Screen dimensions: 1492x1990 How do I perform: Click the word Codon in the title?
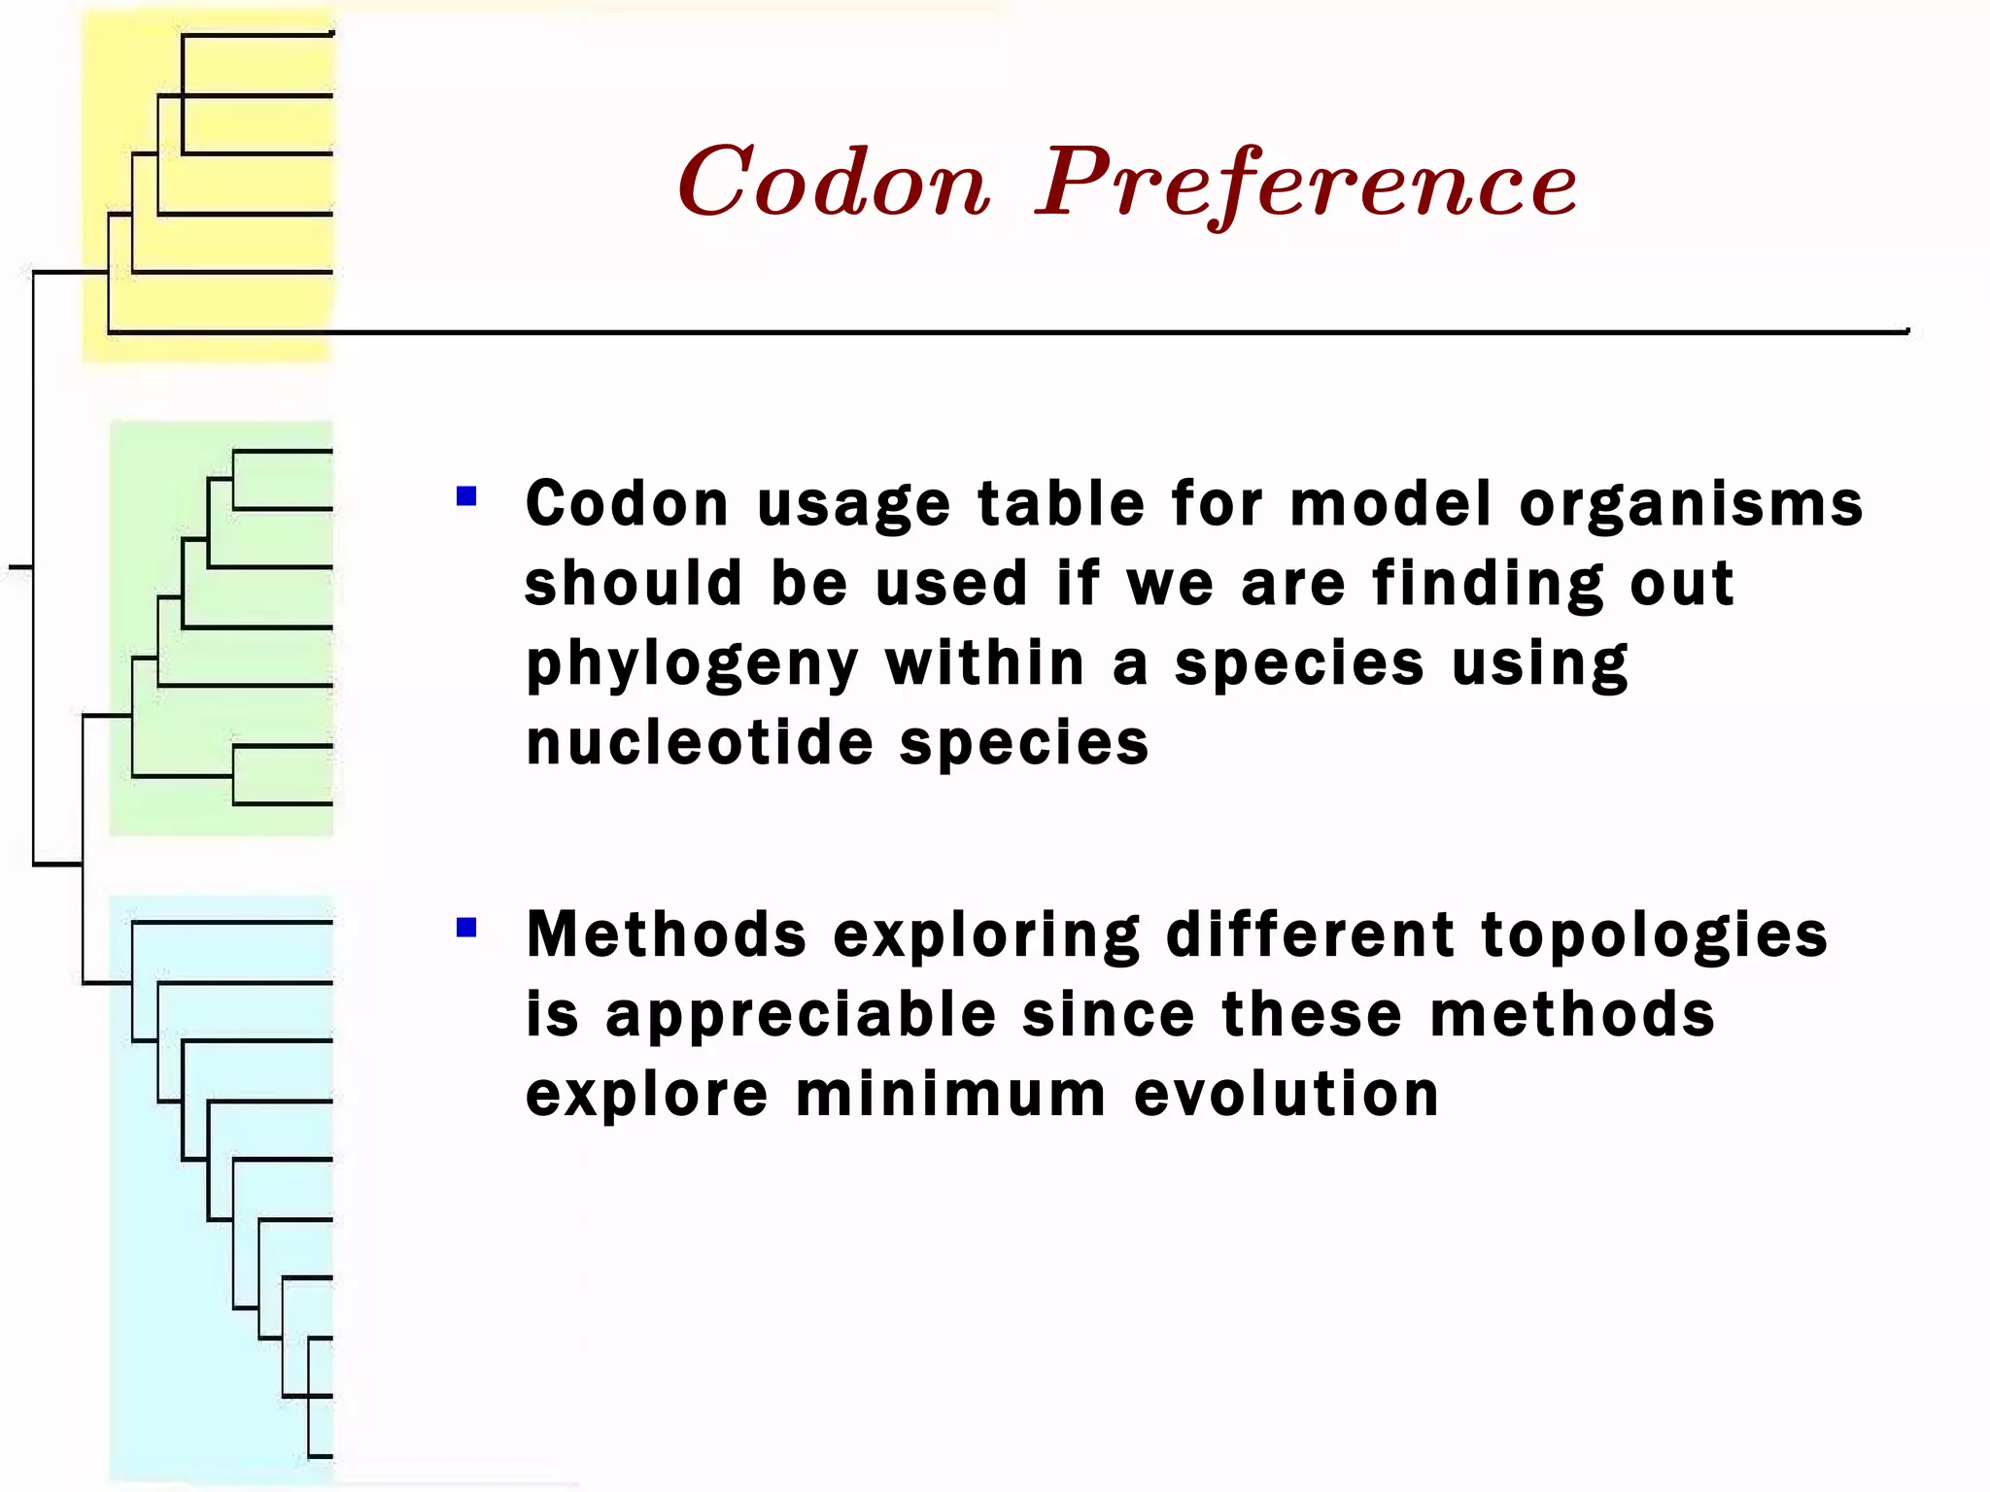(834, 183)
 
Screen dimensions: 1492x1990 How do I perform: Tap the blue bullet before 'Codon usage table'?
(466, 497)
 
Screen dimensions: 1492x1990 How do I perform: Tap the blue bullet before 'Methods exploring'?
(466, 928)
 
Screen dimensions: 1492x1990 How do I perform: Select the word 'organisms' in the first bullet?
(1691, 505)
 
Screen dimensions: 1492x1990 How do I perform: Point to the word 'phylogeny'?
(692, 665)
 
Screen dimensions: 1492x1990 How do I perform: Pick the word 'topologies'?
(1654, 935)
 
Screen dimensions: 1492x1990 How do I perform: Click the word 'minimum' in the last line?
(950, 1095)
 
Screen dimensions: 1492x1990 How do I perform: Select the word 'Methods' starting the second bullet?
(666, 935)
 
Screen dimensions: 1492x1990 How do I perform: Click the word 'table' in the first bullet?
(1061, 505)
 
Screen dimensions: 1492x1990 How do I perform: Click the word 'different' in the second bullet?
(1310, 935)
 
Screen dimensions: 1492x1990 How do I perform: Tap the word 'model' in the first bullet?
(1390, 505)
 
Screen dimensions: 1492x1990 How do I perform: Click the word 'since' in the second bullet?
(1109, 1015)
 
